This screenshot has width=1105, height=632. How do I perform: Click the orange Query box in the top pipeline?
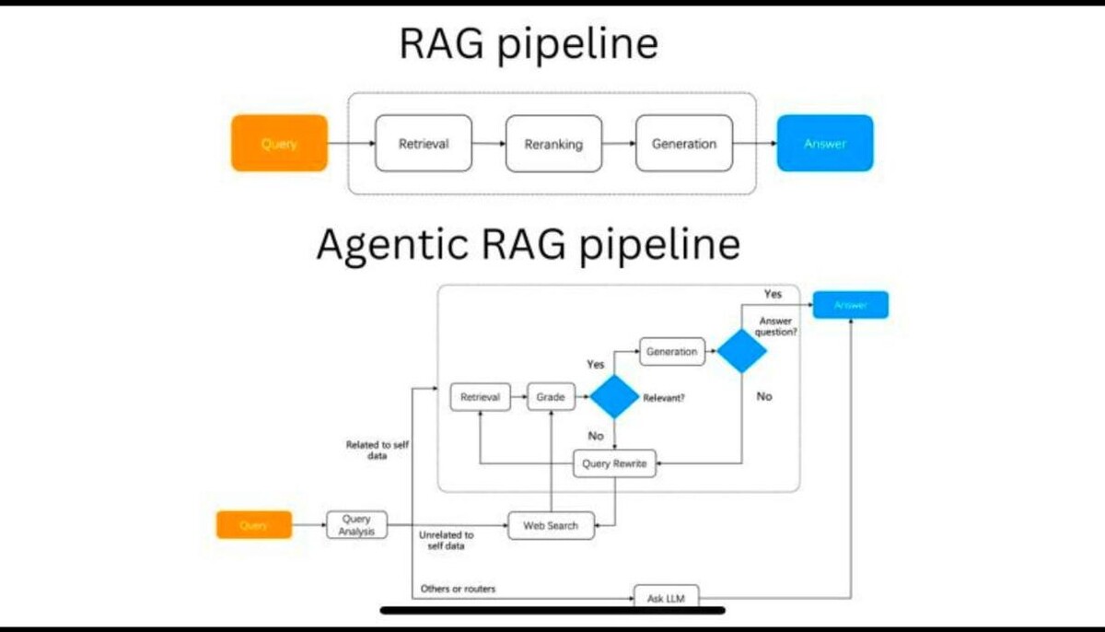pyautogui.click(x=279, y=143)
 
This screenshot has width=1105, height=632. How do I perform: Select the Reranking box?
pyautogui.click(x=553, y=144)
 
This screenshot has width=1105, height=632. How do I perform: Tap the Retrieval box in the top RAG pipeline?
pyautogui.click(x=424, y=143)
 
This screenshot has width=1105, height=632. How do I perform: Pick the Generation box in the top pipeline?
pyautogui.click(x=684, y=143)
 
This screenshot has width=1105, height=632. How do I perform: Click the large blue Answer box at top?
pyautogui.click(x=824, y=143)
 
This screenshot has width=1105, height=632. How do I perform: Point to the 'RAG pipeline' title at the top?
pyautogui.click(x=528, y=44)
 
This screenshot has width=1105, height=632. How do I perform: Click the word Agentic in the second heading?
pyautogui.click(x=386, y=244)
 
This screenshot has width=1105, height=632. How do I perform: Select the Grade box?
pyautogui.click(x=550, y=397)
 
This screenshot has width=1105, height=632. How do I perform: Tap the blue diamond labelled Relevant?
pyautogui.click(x=614, y=397)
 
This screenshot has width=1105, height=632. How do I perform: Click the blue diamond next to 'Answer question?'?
pyautogui.click(x=742, y=351)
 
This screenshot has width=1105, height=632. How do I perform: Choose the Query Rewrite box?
pyautogui.click(x=614, y=463)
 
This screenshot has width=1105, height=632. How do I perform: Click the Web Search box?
pyautogui.click(x=551, y=525)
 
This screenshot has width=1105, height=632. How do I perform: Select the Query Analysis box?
pyautogui.click(x=356, y=525)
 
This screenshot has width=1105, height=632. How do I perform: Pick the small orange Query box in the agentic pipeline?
pyautogui.click(x=253, y=525)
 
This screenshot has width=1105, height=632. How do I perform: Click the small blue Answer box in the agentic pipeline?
pyautogui.click(x=850, y=305)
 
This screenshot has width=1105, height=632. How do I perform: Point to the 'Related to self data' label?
pyautogui.click(x=378, y=450)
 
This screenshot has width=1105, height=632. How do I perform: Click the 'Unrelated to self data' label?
pyautogui.click(x=447, y=540)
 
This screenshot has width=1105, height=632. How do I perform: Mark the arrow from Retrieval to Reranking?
pyautogui.click(x=488, y=144)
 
